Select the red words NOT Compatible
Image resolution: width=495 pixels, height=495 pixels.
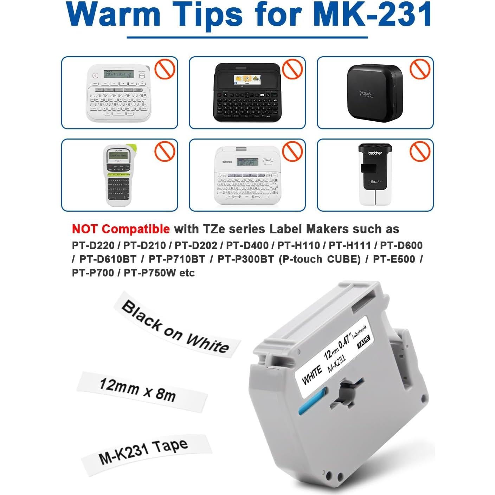(x=121, y=229)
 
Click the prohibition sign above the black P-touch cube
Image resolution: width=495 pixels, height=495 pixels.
(x=420, y=69)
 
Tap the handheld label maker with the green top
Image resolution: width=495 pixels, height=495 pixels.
(x=117, y=176)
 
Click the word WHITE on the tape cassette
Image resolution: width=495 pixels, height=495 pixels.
(x=311, y=375)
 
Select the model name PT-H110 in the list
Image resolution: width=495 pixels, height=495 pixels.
(x=298, y=245)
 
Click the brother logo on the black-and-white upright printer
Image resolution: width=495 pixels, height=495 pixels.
(x=375, y=153)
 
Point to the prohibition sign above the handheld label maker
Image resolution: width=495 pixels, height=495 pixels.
(x=165, y=151)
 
